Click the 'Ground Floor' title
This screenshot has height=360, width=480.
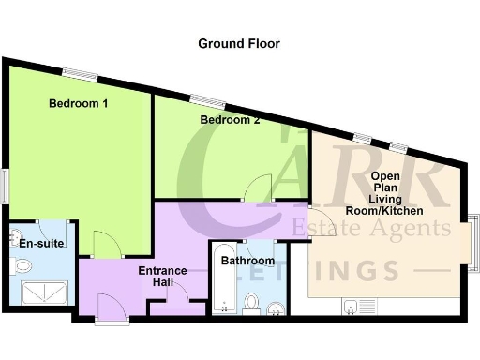pos(238,43)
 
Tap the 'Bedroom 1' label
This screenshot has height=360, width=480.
pos(79,104)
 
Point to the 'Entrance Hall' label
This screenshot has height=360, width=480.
pos(162,277)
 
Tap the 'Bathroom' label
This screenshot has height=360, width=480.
pos(247,261)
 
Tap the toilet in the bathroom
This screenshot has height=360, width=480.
pos(250,302)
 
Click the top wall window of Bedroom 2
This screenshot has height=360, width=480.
pos(208,100)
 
